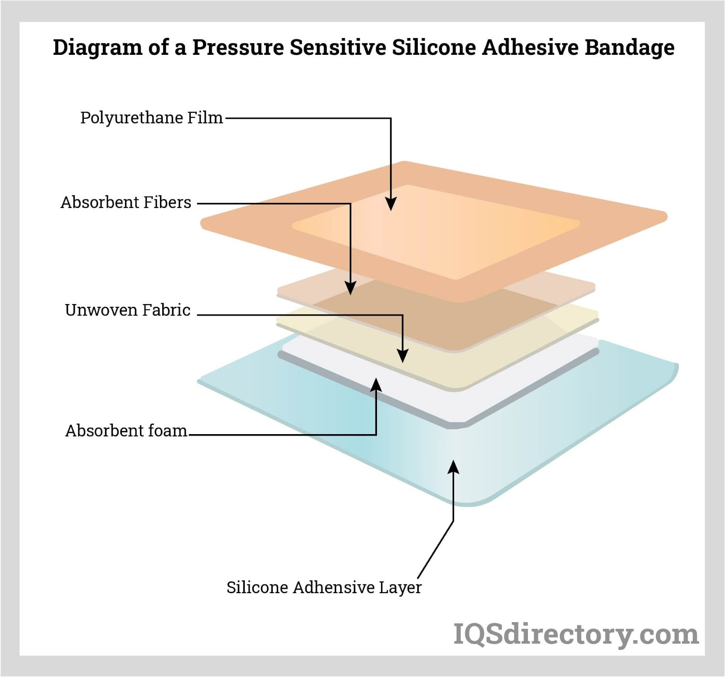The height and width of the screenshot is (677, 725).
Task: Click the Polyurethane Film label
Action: point(151,118)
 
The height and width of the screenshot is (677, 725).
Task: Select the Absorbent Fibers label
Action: point(126,202)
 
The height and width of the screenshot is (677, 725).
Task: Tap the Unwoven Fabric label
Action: point(127,310)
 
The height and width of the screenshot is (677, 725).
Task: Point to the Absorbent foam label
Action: point(126,430)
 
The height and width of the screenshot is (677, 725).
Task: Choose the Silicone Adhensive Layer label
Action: point(324,587)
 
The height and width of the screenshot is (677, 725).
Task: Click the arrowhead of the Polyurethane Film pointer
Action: point(391,205)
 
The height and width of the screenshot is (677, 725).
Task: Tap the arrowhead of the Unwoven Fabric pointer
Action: point(402,356)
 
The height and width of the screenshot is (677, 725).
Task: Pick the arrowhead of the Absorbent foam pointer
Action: point(376,384)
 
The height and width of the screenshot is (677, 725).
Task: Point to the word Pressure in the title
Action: point(238,47)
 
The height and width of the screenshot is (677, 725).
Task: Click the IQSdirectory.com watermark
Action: point(576,634)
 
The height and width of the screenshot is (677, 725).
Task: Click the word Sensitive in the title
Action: point(338,47)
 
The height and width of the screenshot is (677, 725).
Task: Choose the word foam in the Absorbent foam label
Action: point(169,430)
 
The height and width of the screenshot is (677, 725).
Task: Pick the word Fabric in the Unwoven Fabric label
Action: point(166,310)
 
